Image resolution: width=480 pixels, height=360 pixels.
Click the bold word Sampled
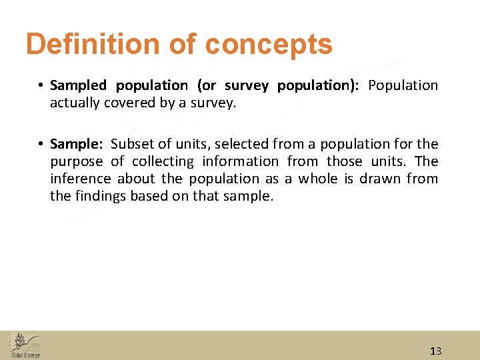click(x=78, y=85)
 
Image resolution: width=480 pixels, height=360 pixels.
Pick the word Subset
click(x=130, y=144)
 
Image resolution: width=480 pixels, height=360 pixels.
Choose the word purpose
click(x=77, y=162)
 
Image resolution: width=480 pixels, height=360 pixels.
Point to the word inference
click(x=81, y=179)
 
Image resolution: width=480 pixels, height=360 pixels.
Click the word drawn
click(x=377, y=179)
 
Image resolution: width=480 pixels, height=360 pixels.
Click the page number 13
click(x=436, y=351)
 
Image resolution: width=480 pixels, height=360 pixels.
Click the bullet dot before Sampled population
click(x=41, y=86)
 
